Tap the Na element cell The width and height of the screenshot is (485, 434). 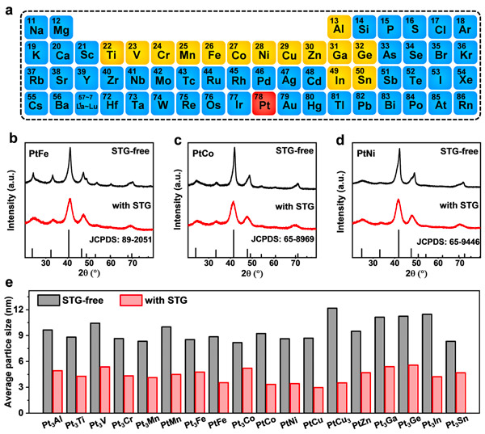tap(36, 27)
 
